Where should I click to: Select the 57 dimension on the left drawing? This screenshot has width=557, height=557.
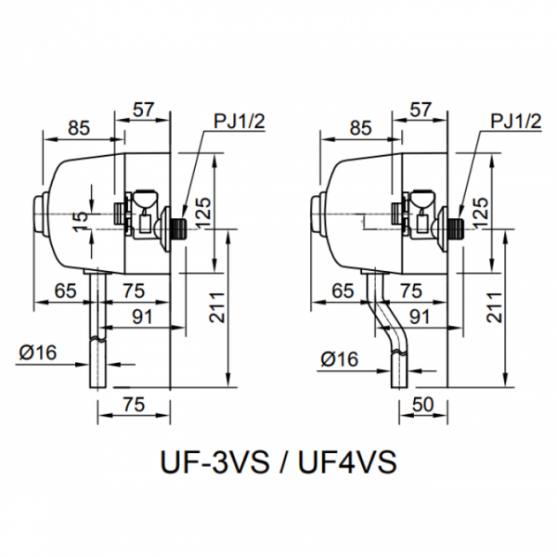click(x=142, y=109)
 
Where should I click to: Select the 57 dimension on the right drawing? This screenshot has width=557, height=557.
click(x=421, y=109)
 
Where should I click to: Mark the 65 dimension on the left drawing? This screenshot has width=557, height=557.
click(x=66, y=290)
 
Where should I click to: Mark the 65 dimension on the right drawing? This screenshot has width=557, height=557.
click(x=344, y=290)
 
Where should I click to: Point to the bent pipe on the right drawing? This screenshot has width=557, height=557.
click(x=387, y=320)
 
